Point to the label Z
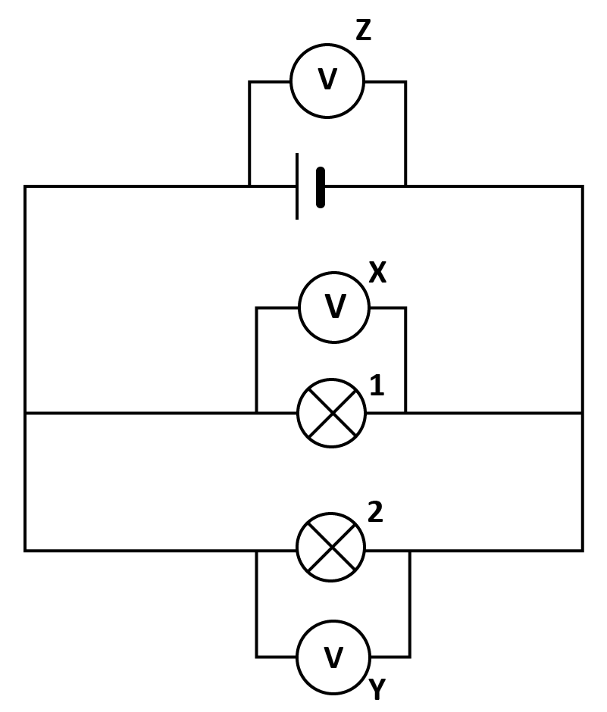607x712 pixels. tap(363, 30)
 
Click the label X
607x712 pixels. tap(377, 273)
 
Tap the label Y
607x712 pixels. tap(377, 689)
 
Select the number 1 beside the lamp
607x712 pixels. tap(377, 385)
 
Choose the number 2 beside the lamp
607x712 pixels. tap(375, 512)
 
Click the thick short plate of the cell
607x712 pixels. tap(321, 188)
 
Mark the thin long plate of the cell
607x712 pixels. tap(297, 186)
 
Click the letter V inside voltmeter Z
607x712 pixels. tap(327, 80)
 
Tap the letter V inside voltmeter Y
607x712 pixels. tap(333, 657)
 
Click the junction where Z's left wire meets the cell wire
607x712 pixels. tap(249, 186)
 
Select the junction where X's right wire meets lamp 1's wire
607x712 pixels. tap(405, 414)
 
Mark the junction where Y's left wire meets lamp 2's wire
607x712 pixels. tap(257, 551)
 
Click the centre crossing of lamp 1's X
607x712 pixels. tap(332, 414)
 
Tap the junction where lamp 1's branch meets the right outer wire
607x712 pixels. tap(583, 414)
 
